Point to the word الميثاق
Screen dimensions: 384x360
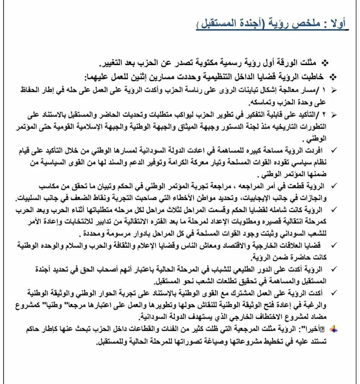coord(185,127)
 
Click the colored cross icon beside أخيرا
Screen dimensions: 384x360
coord(333,330)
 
